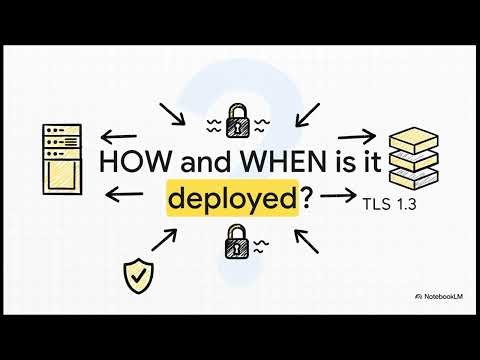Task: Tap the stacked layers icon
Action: (414, 157)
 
